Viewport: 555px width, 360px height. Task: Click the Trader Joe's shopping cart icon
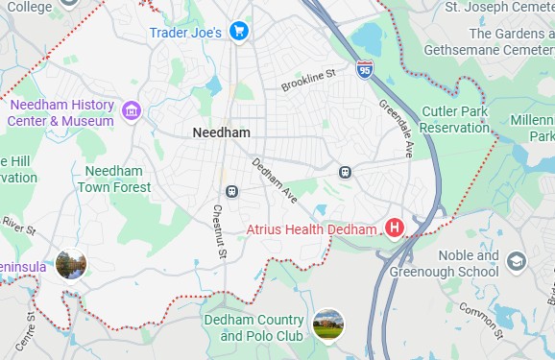click(239, 33)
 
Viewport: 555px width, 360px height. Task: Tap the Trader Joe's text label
click(185, 33)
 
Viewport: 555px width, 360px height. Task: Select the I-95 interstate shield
click(365, 69)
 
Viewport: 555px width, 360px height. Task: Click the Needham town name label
click(221, 132)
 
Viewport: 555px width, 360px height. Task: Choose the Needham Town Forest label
click(117, 179)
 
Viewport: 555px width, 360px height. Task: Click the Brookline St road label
click(308, 81)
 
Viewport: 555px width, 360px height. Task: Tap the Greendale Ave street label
click(395, 129)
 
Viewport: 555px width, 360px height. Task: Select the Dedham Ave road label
click(274, 180)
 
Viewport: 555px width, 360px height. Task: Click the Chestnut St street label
click(219, 231)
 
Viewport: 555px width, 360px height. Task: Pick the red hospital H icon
click(394, 228)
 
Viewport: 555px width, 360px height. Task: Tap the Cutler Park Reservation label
click(455, 120)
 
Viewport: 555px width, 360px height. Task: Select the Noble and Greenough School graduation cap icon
click(516, 262)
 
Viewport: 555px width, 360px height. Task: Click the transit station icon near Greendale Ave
click(345, 172)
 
